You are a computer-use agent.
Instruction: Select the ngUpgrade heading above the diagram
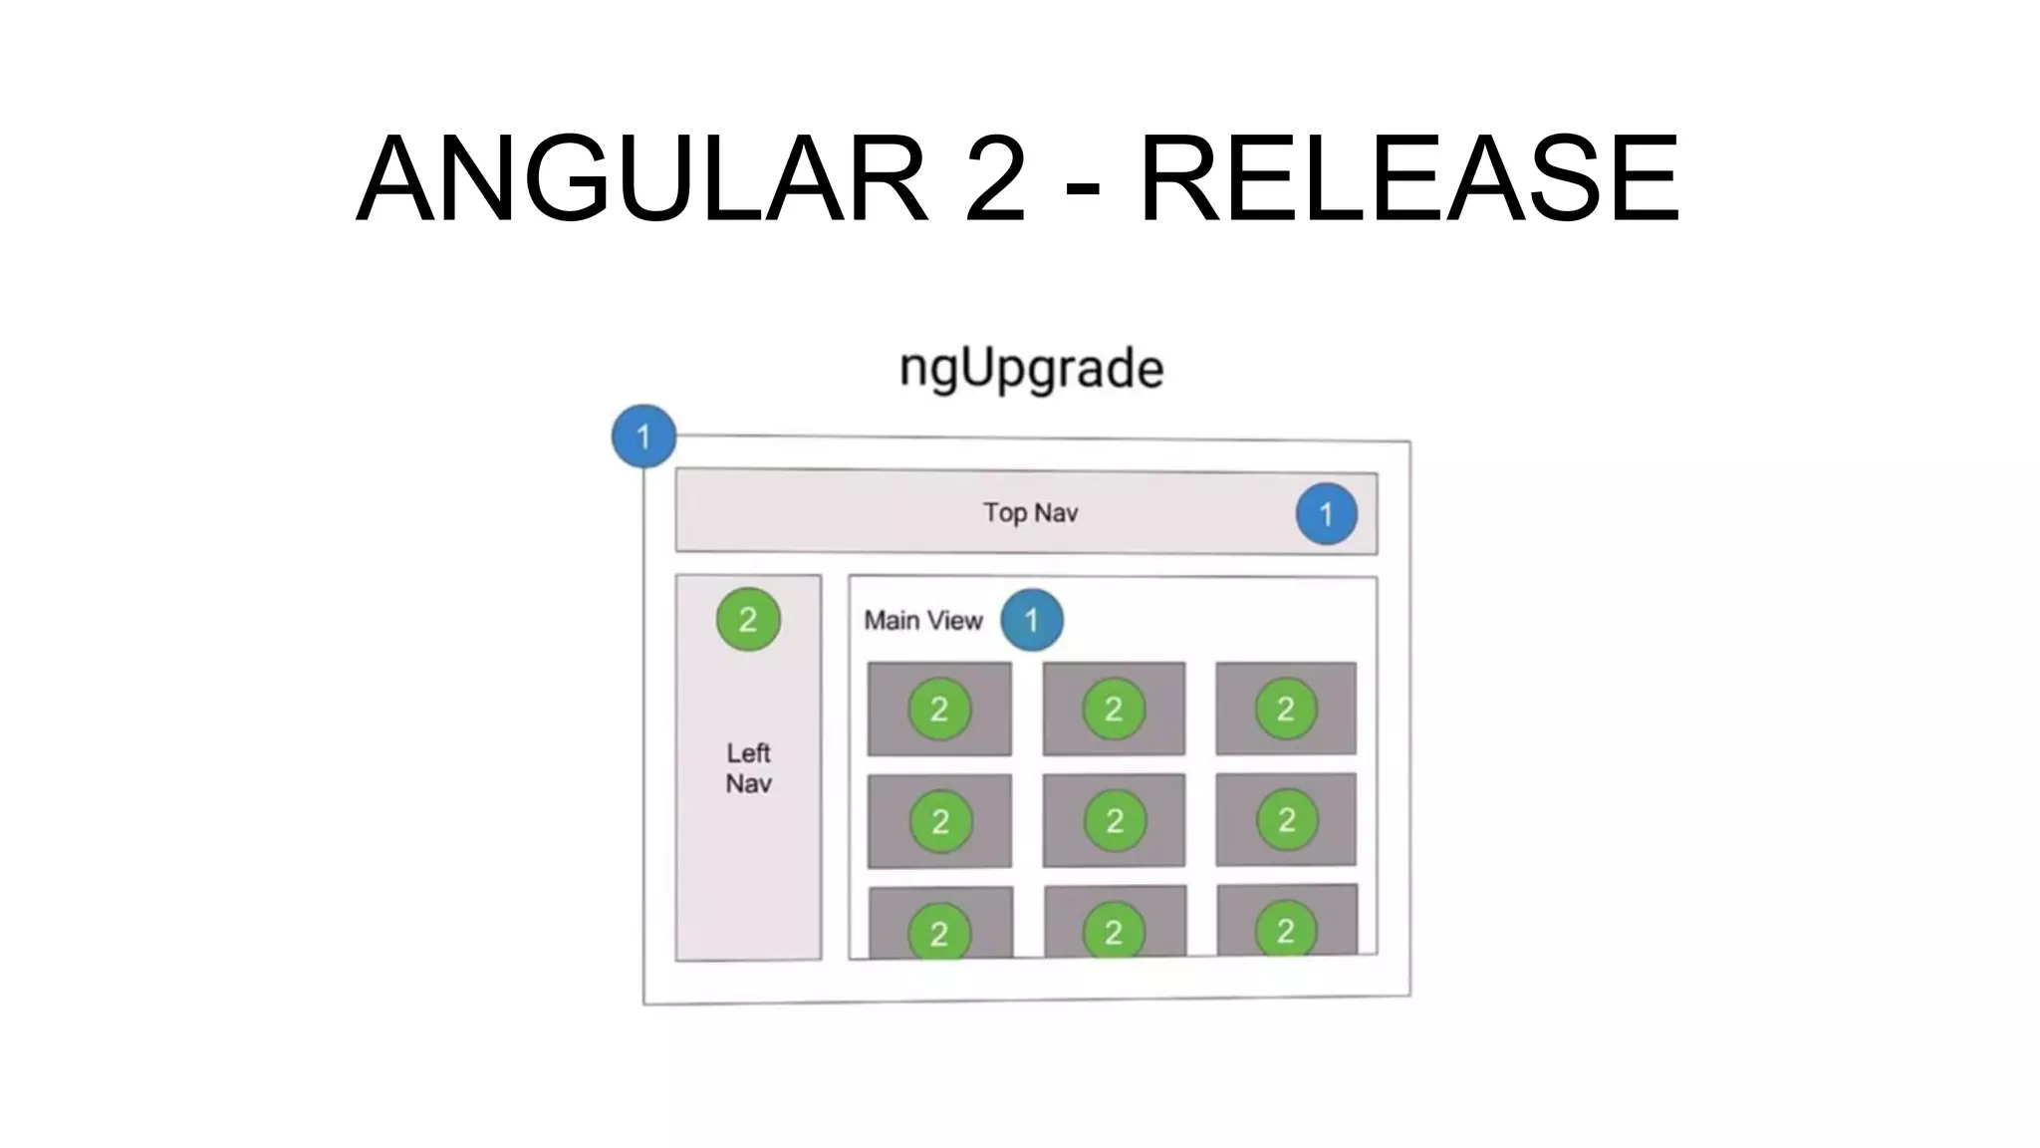1031,370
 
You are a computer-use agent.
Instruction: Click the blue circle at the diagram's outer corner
643,436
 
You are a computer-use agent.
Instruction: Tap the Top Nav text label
1030,512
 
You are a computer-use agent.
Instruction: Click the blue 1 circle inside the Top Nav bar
1326,514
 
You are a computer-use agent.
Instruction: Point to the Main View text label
922,620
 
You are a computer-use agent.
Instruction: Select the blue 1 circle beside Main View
1031,620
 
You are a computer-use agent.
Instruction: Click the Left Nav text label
748,767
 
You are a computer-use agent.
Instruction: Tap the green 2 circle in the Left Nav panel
748,620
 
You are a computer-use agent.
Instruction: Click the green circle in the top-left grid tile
939,710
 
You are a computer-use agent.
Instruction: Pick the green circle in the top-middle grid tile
1114,710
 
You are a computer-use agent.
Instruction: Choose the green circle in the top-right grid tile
1286,710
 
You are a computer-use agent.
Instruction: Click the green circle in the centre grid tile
1115,821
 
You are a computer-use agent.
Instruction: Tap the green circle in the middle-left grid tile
940,822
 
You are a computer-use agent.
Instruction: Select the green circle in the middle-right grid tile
1287,820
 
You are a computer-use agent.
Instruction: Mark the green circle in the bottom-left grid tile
939,933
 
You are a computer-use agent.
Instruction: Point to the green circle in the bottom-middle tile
1114,932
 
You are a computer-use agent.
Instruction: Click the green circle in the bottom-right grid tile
1286,931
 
